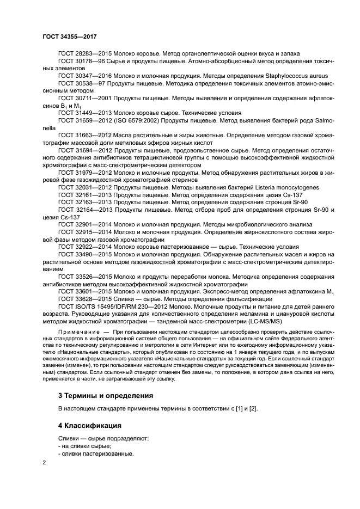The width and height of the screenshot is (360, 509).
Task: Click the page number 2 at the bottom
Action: pyautogui.click(x=44, y=463)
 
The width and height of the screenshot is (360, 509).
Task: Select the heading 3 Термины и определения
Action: pyautogui.click(x=105, y=395)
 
